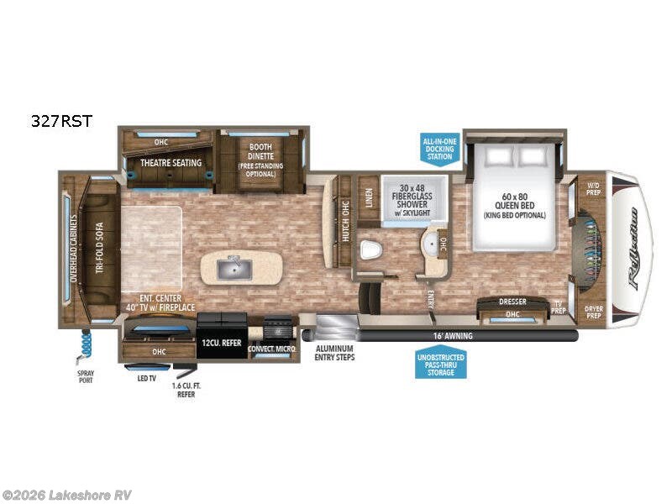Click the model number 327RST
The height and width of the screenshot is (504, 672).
click(60, 120)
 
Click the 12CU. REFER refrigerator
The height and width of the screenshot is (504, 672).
click(222, 343)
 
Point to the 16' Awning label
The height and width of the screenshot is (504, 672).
click(454, 336)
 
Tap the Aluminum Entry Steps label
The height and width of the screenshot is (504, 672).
click(334, 353)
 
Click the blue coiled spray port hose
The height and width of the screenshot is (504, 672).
click(86, 344)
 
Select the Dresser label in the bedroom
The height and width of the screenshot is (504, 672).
click(512, 301)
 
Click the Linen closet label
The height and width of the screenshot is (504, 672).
click(368, 196)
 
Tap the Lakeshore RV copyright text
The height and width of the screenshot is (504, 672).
click(67, 495)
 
